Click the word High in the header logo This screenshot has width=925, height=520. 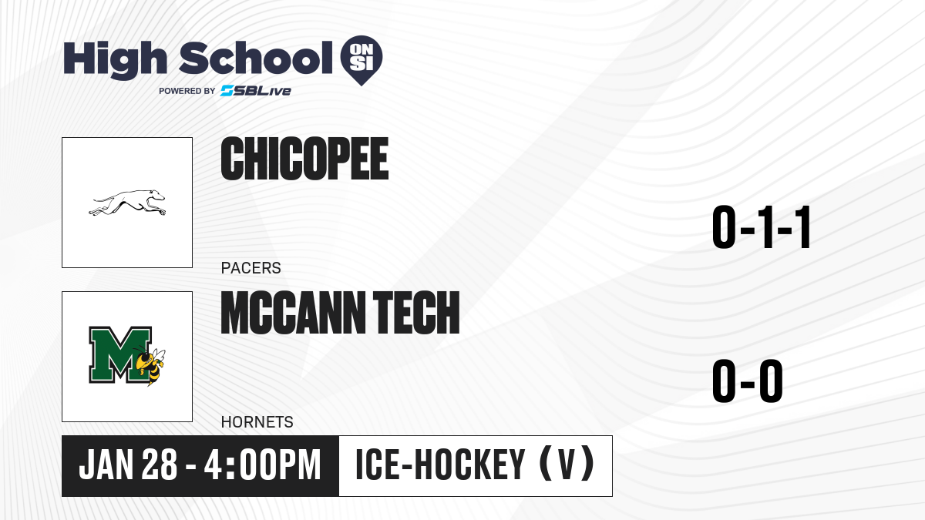[115, 59]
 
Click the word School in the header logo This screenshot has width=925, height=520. [256, 57]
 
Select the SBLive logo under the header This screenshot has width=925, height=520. [256, 91]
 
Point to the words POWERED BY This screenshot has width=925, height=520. [187, 91]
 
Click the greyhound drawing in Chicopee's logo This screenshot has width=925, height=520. [127, 203]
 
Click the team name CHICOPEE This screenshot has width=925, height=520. [304, 159]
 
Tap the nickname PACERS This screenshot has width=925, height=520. [251, 268]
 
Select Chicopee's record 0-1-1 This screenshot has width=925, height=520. [762, 227]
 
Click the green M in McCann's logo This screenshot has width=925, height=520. [119, 355]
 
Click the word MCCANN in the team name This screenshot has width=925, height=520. [294, 313]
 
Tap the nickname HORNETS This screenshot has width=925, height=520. [257, 422]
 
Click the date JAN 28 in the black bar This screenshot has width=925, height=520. [128, 465]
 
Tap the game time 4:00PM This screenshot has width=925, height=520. [263, 465]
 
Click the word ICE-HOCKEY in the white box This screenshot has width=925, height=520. [440, 465]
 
